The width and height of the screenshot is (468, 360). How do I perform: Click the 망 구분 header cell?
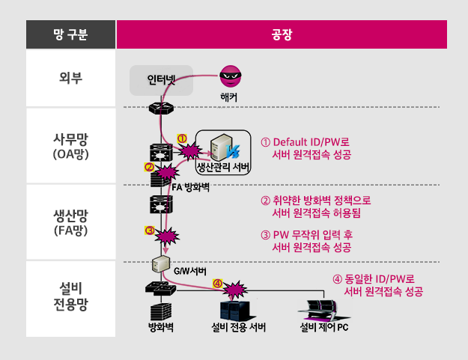(x=70, y=34)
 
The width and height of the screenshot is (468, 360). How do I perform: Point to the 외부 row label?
(x=70, y=77)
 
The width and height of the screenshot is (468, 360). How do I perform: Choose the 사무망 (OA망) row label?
(x=70, y=145)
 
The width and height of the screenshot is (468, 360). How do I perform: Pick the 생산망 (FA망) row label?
(x=70, y=222)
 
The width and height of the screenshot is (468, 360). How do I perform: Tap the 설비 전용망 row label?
(x=70, y=297)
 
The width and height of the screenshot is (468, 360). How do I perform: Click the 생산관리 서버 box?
(x=223, y=152)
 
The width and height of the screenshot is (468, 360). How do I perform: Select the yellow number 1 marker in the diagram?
(x=181, y=138)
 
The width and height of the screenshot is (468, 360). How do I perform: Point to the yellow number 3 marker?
(x=149, y=231)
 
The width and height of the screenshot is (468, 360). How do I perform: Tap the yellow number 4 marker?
(x=218, y=284)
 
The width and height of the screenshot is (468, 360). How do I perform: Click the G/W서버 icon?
(x=159, y=263)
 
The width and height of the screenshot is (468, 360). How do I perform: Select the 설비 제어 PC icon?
(x=324, y=308)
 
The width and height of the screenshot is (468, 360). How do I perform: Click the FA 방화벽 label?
(x=190, y=186)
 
